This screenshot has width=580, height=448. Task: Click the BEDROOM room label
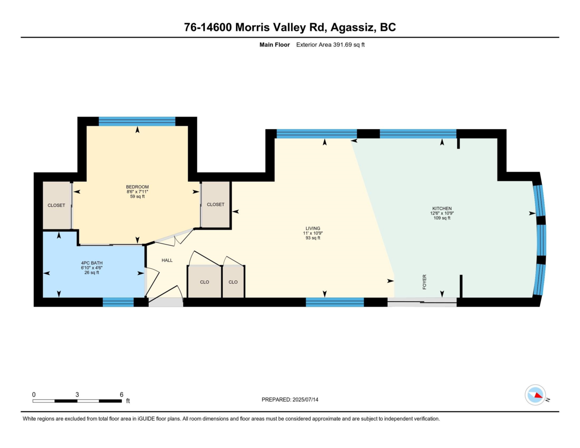137,187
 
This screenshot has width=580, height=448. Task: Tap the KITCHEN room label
442,208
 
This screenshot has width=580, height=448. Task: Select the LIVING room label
313,229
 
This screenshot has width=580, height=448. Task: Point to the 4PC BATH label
91,263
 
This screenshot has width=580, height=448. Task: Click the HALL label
167,260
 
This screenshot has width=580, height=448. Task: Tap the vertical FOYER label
424,282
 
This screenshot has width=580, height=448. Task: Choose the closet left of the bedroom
57,205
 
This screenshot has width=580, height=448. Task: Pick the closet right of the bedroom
216,204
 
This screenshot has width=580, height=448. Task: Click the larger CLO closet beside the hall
204,282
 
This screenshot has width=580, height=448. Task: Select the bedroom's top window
137,121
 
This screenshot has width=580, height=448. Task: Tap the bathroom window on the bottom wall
118,302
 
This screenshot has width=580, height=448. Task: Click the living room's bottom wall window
334,302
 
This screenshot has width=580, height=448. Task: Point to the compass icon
535,395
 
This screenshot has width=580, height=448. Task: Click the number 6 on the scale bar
121,394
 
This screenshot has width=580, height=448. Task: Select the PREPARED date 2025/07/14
305,400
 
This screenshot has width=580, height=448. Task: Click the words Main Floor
275,45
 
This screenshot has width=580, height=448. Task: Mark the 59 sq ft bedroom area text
137,196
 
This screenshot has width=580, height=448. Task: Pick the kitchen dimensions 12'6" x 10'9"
442,213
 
